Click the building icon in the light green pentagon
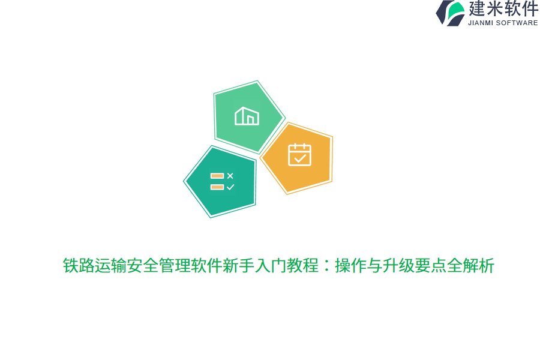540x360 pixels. [247, 116]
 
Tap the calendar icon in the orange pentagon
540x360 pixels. [299, 155]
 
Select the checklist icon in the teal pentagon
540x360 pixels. [222, 181]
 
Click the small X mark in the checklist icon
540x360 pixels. [230, 176]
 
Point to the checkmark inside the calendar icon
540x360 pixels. [300, 158]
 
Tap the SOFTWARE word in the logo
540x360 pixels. [518, 23]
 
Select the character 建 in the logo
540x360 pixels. [477, 9]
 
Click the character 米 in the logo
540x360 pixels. [495, 9]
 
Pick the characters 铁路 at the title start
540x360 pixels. [79, 266]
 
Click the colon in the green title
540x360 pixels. [326, 266]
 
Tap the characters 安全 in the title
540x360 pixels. [142, 266]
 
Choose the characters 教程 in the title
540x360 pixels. [303, 266]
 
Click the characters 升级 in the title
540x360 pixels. [398, 266]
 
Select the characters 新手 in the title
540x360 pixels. [238, 266]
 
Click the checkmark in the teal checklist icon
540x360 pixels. [230, 187]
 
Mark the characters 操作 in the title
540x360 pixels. [350, 266]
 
